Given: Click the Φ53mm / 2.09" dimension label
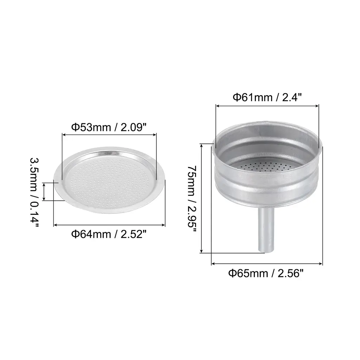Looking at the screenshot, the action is [109, 127].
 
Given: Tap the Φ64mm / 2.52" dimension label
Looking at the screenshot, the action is [109, 234].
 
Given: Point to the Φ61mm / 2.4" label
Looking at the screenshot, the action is [267, 97].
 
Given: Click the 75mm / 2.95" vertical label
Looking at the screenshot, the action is [192, 200].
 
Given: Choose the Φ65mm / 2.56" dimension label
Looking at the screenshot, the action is [266, 274].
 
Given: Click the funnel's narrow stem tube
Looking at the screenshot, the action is [266, 230].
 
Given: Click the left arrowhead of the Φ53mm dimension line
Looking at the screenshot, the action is [64, 135].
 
